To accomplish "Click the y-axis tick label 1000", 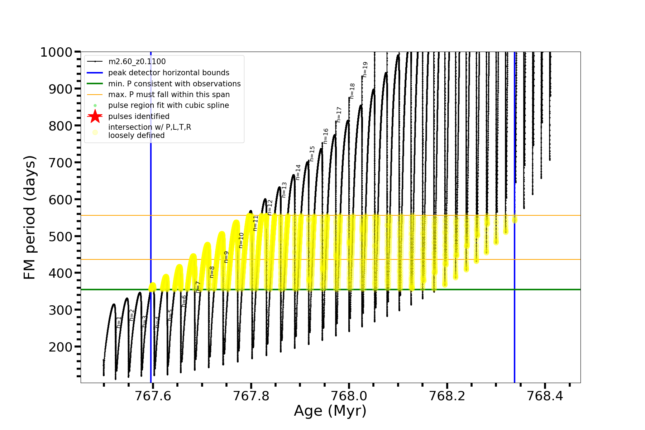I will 56,52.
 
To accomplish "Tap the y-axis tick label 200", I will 61,347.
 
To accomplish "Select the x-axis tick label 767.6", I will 153,396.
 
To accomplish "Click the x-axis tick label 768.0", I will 349,396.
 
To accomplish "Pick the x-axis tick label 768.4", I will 545,396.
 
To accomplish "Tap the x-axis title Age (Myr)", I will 330,411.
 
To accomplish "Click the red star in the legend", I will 95,116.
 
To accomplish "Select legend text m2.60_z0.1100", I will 137,62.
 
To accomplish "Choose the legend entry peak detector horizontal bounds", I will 169,73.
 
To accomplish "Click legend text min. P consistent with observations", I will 175,83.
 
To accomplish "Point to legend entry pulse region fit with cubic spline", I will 168,105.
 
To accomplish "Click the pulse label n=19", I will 365,70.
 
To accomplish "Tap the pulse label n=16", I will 326,136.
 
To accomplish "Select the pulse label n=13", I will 284,190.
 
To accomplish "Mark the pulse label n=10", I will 241,240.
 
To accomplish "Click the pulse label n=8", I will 212,272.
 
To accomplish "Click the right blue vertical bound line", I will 515,287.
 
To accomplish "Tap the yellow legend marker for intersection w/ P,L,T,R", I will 95,132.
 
